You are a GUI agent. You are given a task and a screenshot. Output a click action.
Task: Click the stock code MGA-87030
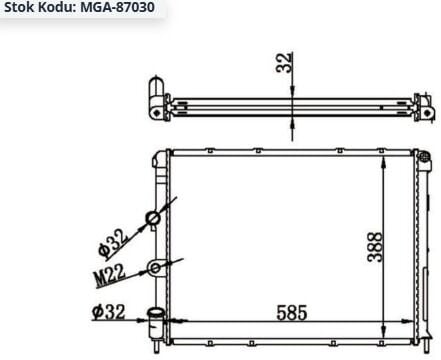[117, 7]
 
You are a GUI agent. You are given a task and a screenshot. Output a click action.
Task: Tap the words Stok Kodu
[40, 7]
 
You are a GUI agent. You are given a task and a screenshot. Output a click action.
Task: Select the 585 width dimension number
[292, 313]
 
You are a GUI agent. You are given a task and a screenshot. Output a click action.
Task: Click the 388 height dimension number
[375, 247]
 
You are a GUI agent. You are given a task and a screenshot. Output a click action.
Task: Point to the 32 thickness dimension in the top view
[284, 62]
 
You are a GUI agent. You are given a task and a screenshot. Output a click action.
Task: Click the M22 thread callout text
[109, 276]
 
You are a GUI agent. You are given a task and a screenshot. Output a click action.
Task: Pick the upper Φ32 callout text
[113, 244]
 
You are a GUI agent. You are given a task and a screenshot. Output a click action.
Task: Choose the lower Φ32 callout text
[109, 312]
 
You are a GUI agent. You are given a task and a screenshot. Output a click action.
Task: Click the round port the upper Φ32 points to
[153, 219]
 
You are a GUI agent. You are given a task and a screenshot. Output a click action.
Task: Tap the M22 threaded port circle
[155, 268]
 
